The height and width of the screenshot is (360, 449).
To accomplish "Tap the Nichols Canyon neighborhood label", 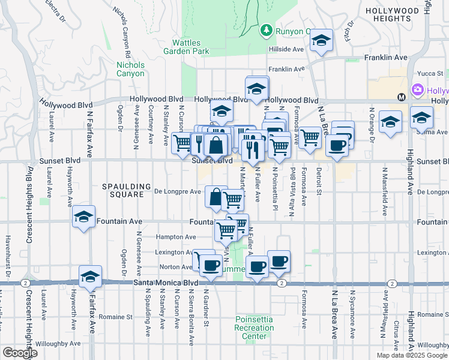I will pos(130,69).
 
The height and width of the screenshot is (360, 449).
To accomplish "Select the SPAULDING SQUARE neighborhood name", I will pos(122,190).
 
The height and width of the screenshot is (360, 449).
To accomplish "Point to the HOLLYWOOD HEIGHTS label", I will pos(400,14).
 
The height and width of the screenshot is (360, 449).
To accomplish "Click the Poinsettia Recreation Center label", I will pos(254,328).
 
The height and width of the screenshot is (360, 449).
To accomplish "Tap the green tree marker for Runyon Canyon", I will pos(266,29).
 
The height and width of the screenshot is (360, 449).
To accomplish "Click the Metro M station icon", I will pos(402,97).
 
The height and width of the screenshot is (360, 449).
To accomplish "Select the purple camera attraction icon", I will pos(418,91).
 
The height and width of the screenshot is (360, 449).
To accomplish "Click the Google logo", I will pos(20,353).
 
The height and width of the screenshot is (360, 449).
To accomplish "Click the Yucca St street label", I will pos(430,73).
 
